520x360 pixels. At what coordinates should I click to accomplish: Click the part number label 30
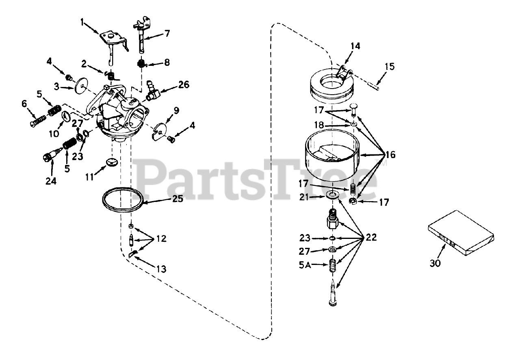coord(435,263)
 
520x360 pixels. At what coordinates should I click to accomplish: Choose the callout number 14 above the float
coord(355,46)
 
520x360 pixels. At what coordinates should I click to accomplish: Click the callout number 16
coord(390,155)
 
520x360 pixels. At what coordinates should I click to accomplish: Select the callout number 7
coord(167,33)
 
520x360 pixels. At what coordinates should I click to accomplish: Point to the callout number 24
coord(50,182)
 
